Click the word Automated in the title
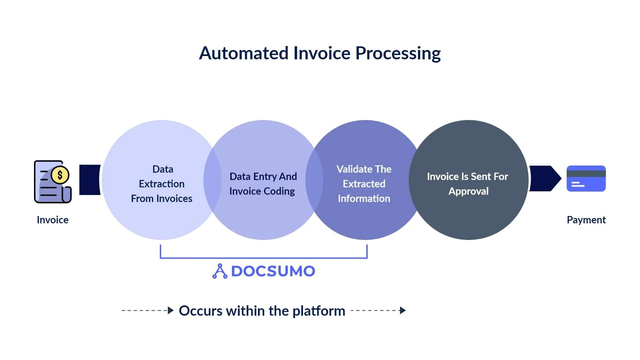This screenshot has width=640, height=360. (244, 53)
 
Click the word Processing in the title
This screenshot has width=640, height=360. (398, 53)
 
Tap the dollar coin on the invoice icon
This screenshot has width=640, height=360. (60, 175)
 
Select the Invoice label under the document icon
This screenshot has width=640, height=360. (53, 220)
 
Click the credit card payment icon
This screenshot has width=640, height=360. (586, 179)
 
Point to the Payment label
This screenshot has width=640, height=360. (586, 220)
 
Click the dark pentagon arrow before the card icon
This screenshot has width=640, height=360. (544, 179)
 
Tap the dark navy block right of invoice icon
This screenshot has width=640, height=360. (90, 180)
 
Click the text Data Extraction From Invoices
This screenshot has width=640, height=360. (162, 184)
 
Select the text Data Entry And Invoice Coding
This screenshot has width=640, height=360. (263, 184)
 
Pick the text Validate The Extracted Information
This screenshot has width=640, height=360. (364, 184)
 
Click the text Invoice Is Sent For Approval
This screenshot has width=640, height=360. (467, 184)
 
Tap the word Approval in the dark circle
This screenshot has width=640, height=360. (468, 191)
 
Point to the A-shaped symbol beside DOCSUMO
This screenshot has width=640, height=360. (220, 271)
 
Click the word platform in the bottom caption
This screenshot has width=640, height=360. (319, 311)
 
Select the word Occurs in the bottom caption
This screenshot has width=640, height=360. (200, 311)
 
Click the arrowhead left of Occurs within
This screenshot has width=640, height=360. (171, 310)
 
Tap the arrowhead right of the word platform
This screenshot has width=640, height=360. (403, 310)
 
